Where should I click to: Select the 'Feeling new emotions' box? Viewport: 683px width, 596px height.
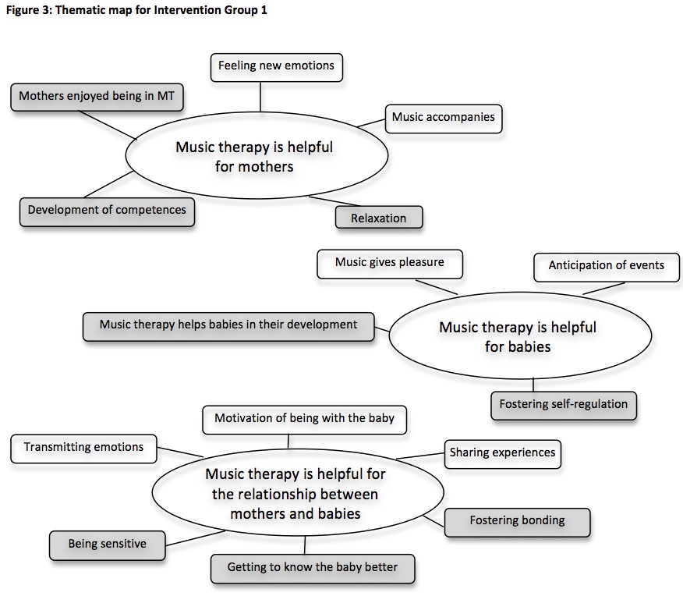point(276,66)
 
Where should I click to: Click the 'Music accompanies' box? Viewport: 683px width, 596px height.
point(443,118)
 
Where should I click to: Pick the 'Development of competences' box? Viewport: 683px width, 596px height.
point(107,211)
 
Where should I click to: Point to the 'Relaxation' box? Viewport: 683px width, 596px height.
point(379,218)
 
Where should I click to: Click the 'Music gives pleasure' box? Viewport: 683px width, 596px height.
point(390,263)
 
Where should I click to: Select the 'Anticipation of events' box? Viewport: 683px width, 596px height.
point(606,266)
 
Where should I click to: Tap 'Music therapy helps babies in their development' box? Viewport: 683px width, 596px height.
point(228,325)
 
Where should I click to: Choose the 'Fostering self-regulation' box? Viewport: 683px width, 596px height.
point(563,405)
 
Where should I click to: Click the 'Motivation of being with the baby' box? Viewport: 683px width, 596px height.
point(304,419)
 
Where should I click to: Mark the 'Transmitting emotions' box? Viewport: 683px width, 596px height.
point(83,448)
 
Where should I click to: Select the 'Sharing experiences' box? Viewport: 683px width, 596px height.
point(502,453)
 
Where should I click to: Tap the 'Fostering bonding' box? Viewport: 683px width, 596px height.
point(517,521)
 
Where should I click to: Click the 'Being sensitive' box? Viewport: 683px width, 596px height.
point(107,545)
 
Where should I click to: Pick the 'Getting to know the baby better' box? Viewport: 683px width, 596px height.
point(312,568)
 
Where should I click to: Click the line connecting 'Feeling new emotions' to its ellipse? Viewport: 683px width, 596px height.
point(261,96)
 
